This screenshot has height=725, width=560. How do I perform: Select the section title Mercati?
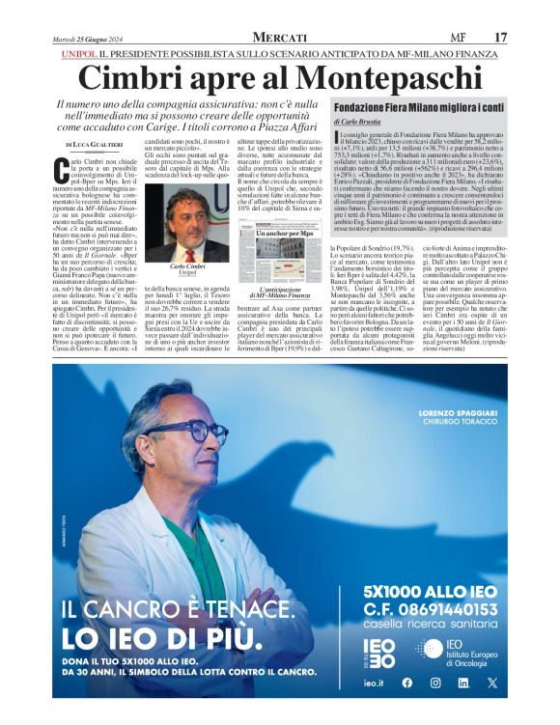pos(279,37)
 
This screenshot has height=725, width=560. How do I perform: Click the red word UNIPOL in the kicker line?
pos(78,55)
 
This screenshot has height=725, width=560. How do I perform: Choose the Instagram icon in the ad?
pos(434,683)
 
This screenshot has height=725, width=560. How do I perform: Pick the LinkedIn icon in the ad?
pos(463,683)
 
